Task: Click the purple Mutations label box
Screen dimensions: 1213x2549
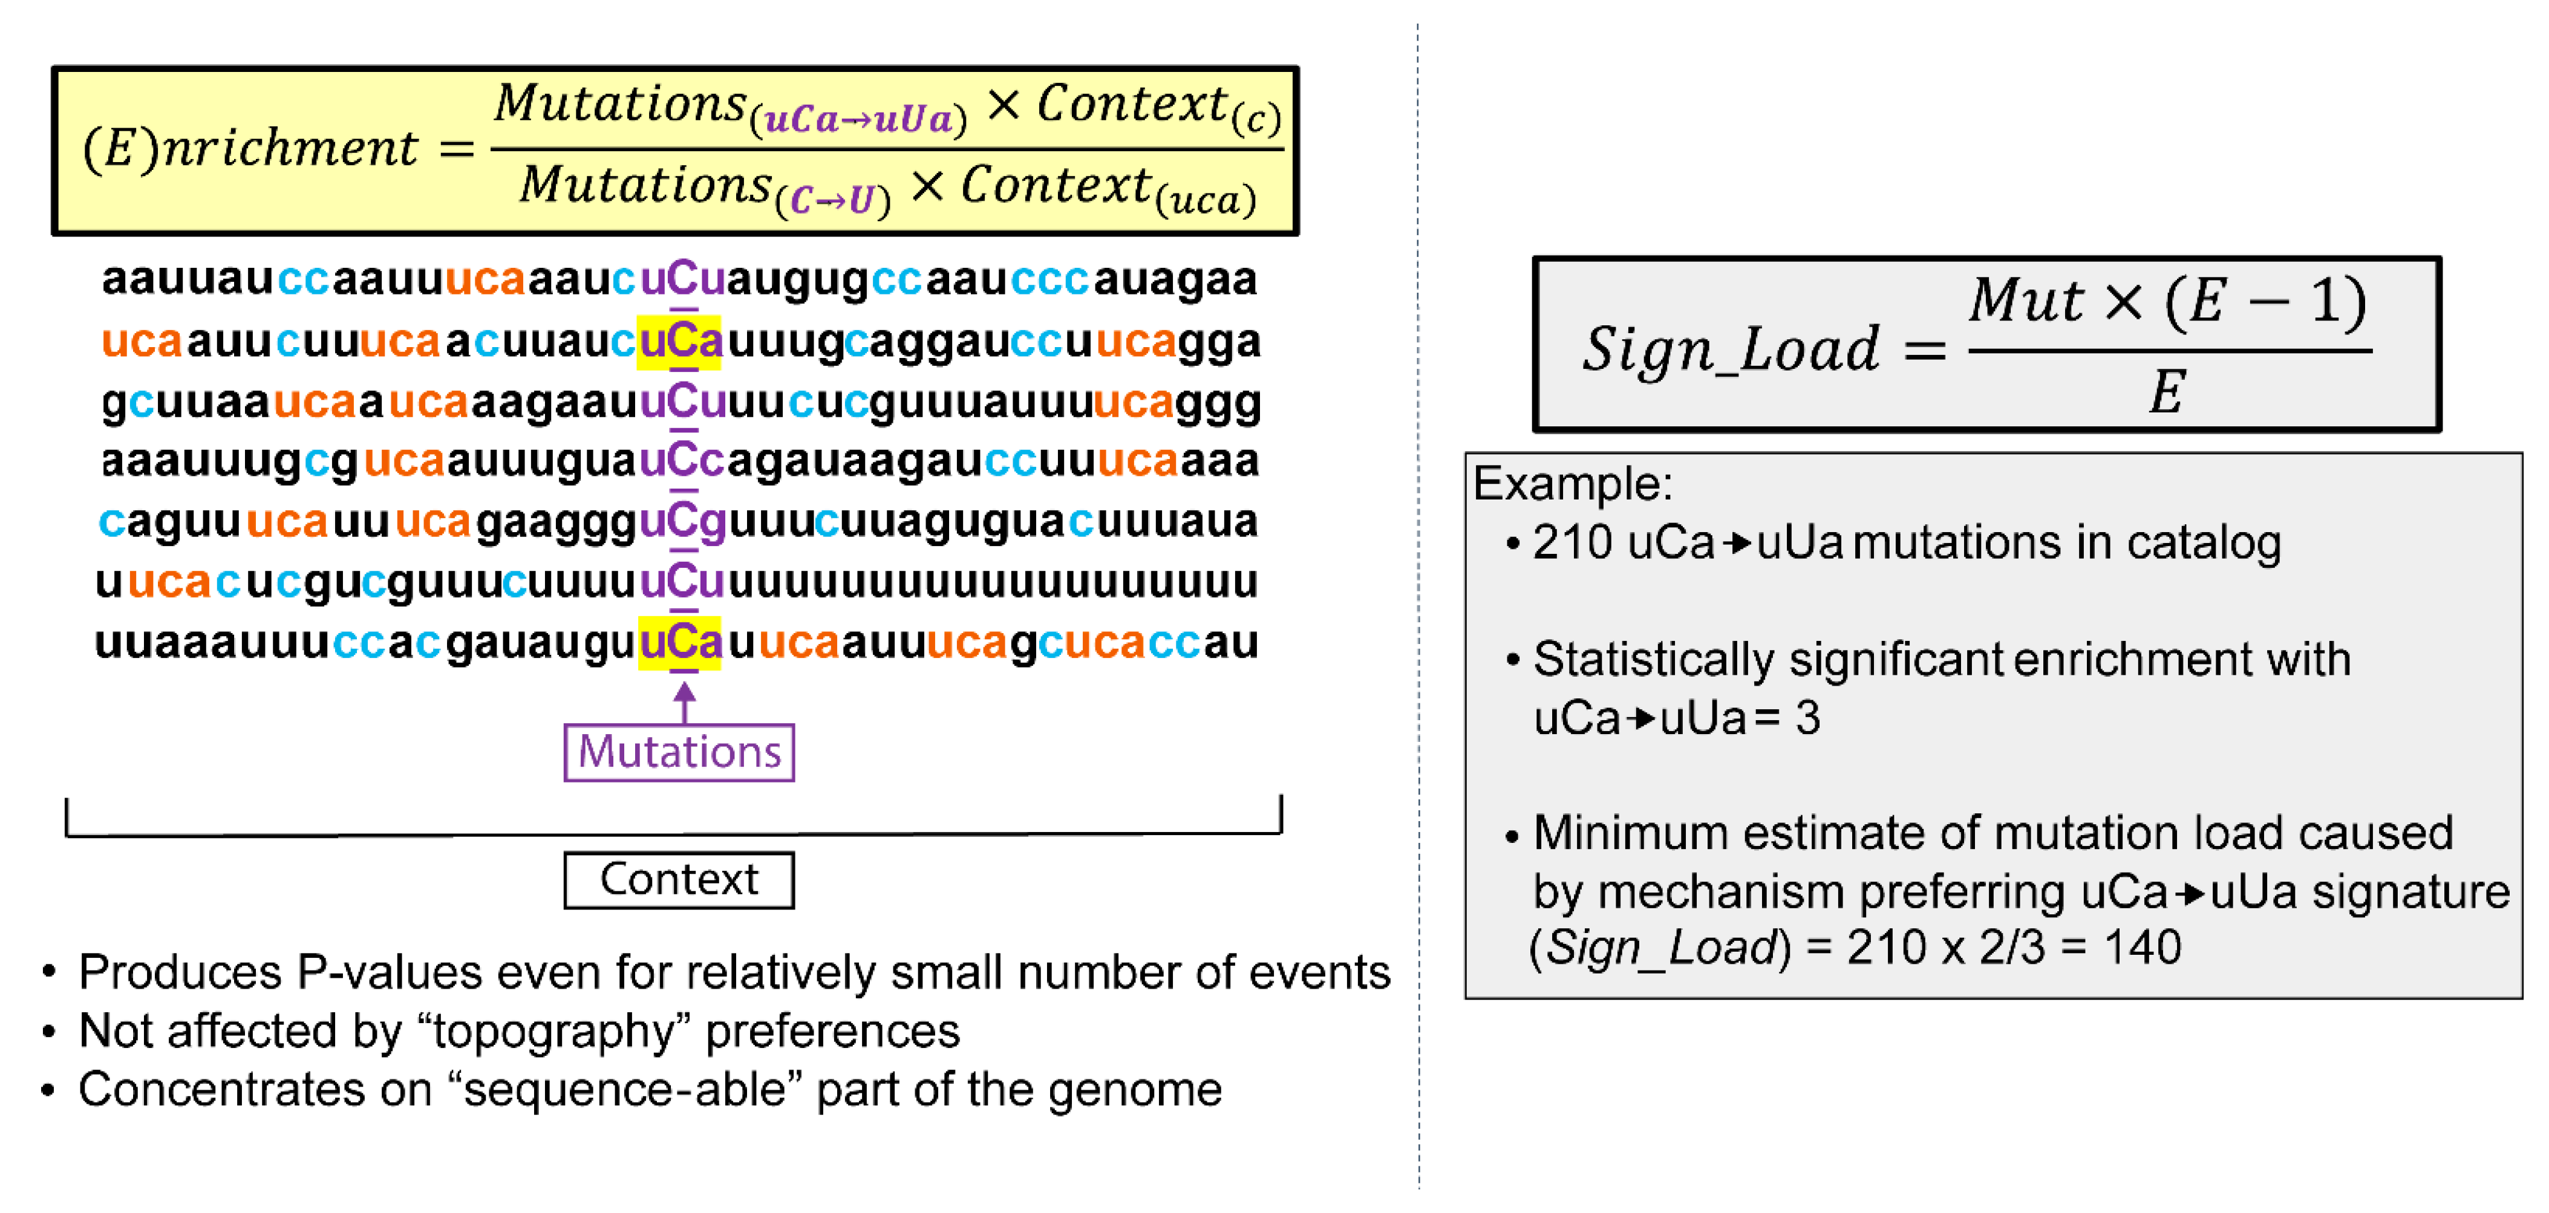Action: point(679,752)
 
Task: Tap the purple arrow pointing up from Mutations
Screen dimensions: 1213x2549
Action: point(684,700)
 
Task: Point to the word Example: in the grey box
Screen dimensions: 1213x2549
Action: point(1572,484)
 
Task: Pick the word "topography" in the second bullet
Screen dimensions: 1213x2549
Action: point(554,1031)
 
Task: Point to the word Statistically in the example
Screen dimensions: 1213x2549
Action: point(1654,659)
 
